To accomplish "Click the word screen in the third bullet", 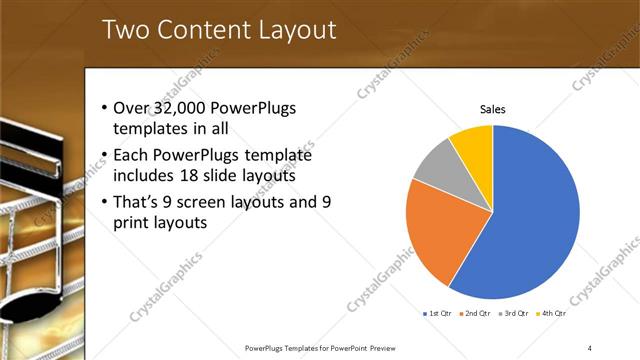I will (x=208, y=202).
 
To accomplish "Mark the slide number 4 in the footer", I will (x=590, y=347).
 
